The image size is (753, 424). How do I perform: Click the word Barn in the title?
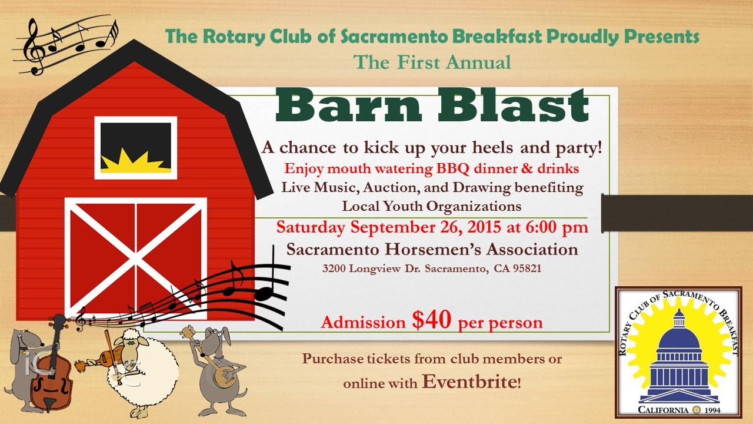[x=348, y=105]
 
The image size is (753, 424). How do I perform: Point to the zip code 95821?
[x=527, y=268]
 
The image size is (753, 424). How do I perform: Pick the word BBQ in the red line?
[x=452, y=168]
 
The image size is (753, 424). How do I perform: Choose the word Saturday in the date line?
[x=311, y=228]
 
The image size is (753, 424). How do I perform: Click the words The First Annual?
[x=432, y=62]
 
